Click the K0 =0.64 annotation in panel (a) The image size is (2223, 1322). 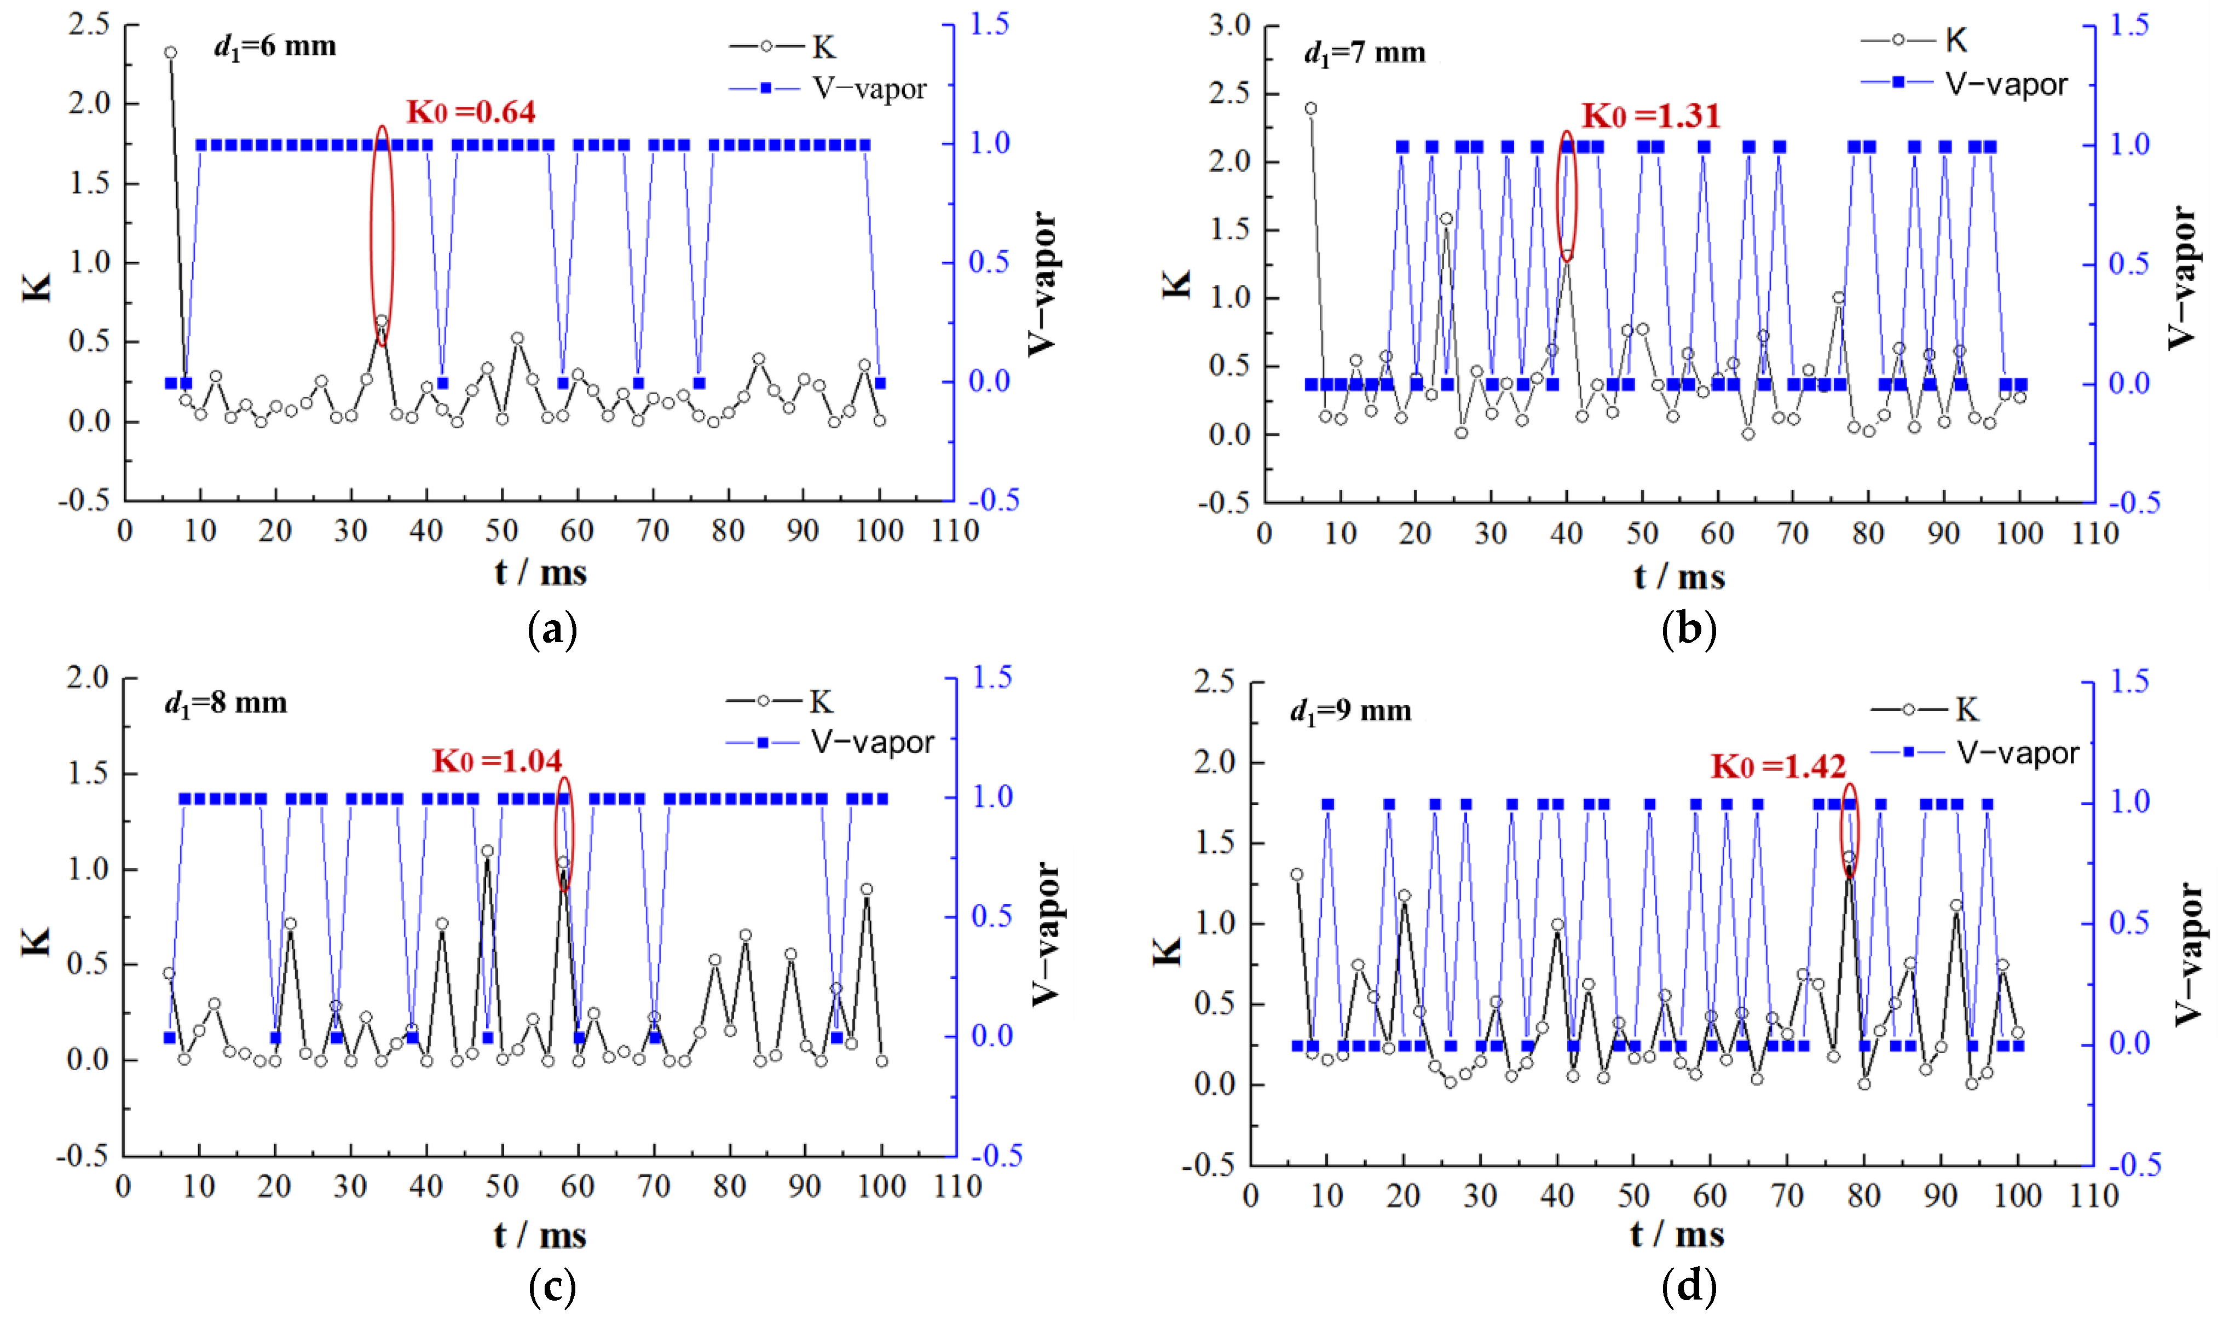coord(471,112)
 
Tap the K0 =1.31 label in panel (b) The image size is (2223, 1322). coord(1650,116)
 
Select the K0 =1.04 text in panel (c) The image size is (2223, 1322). coord(497,761)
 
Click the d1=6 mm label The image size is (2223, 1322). coord(275,47)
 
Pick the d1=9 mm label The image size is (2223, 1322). coord(1350,712)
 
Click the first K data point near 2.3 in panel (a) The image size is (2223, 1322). coord(170,53)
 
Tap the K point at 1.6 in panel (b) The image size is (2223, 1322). coord(1446,219)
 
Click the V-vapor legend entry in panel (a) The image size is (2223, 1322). coord(828,88)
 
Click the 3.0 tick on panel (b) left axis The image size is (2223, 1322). coord(1229,25)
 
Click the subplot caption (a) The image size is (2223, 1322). coord(552,631)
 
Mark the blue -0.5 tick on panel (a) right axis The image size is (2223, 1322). coord(993,500)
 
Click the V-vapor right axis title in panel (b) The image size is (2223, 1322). coord(2182,278)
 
